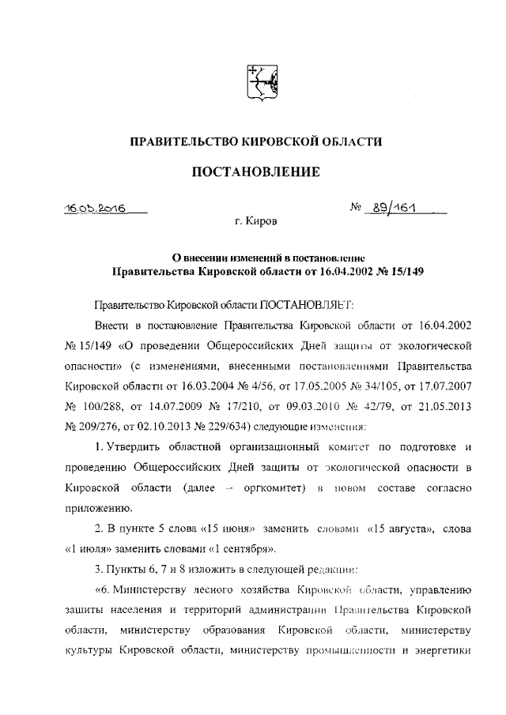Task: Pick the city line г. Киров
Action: [x=255, y=224]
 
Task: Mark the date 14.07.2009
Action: [x=181, y=407]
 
